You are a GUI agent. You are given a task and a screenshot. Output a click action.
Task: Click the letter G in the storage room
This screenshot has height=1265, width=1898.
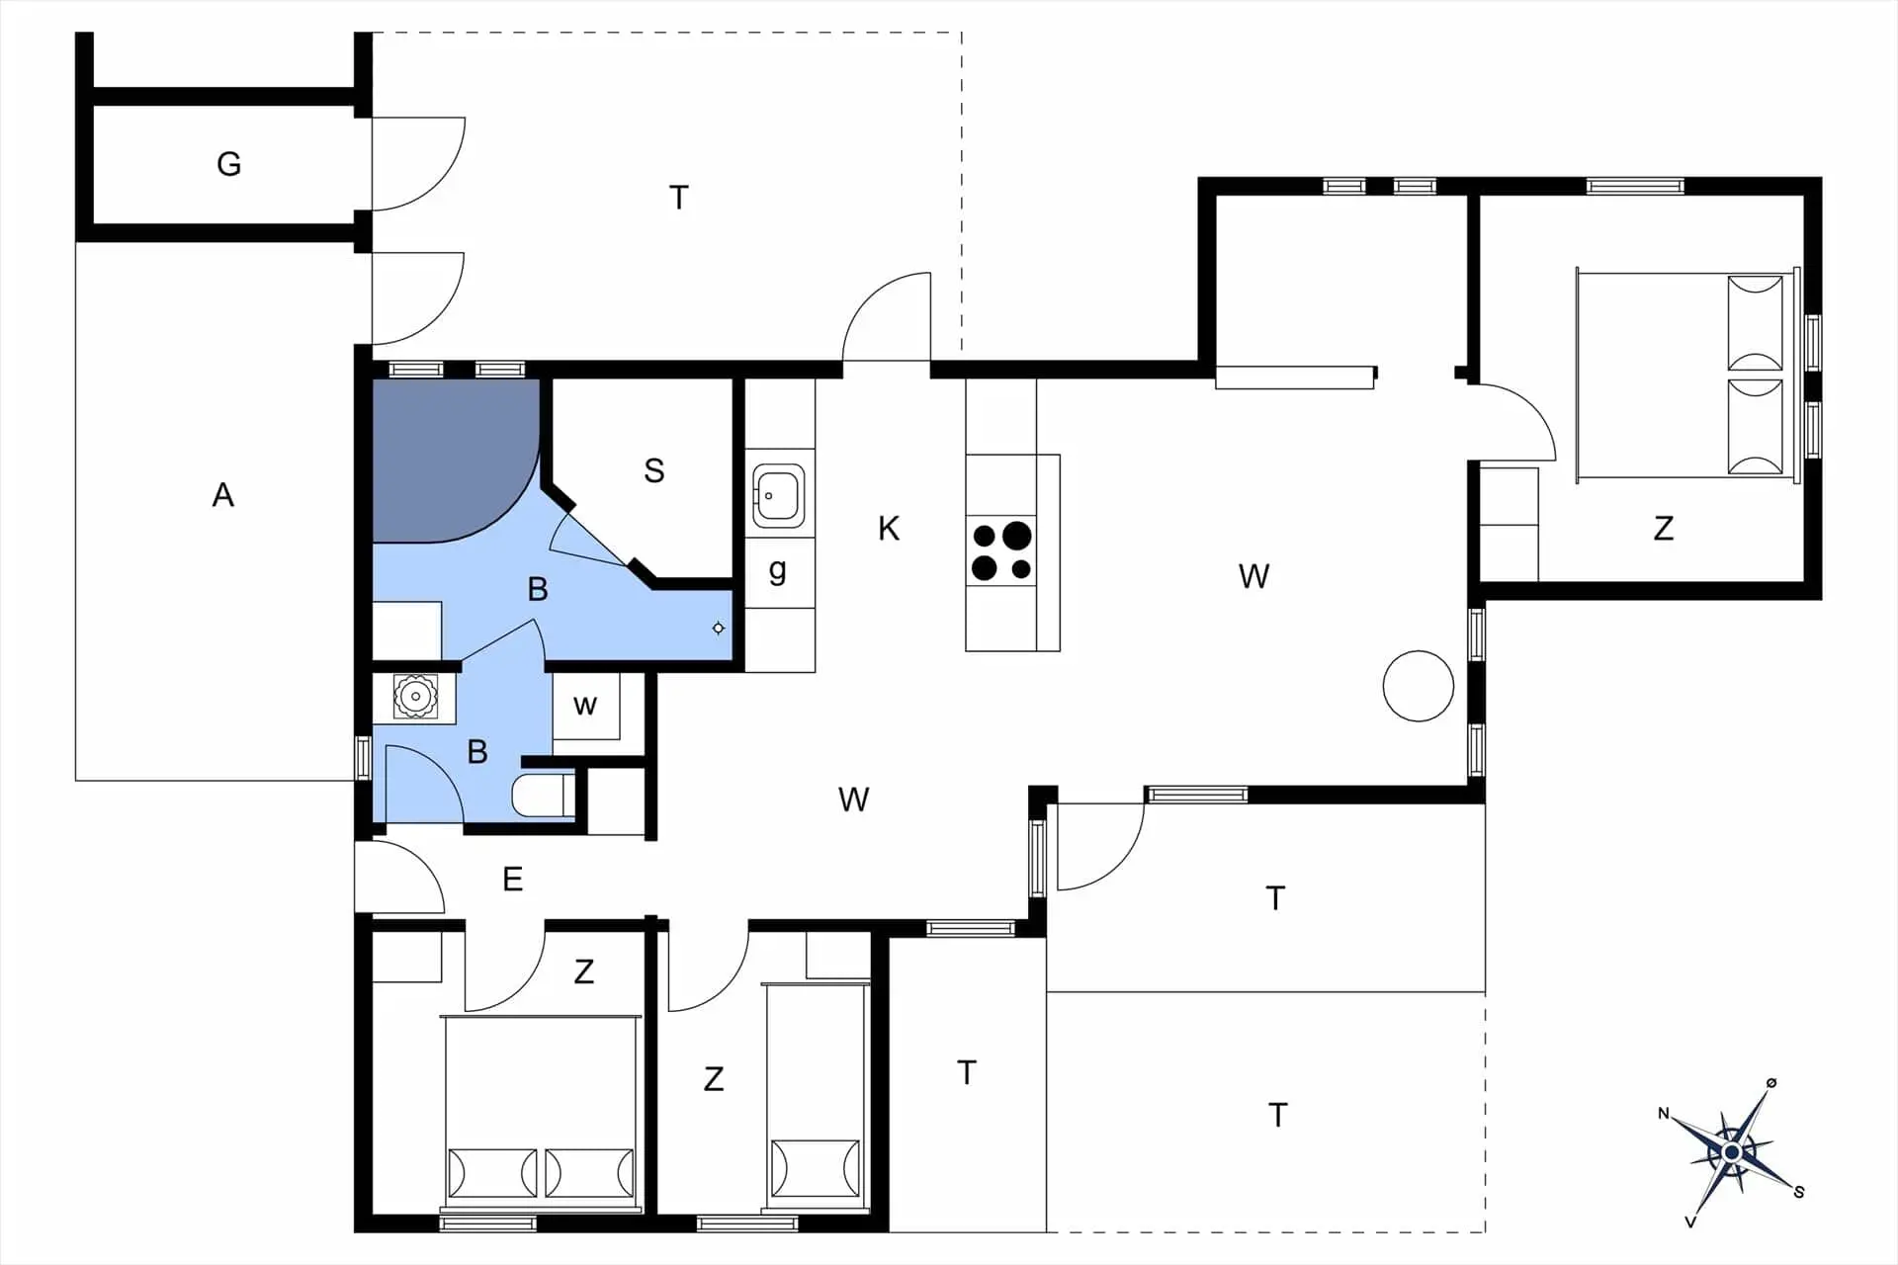[x=228, y=163]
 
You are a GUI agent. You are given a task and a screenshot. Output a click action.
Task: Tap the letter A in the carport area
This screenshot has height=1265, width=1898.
[x=223, y=494]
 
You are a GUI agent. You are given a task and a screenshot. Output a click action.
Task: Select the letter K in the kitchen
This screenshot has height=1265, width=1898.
[x=889, y=529]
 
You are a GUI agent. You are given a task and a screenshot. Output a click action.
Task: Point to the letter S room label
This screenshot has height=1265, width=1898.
[x=653, y=470]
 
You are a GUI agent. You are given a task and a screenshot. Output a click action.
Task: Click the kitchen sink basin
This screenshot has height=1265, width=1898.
[x=778, y=496]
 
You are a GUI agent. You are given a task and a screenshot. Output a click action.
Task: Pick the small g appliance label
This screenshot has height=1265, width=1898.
[x=778, y=570]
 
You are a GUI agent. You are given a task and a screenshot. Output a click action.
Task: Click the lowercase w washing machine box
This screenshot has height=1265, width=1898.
[x=585, y=706]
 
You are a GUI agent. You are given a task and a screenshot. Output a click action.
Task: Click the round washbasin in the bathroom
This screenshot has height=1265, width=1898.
[x=415, y=697]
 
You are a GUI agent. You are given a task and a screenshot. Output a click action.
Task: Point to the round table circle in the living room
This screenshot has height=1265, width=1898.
[x=1419, y=686]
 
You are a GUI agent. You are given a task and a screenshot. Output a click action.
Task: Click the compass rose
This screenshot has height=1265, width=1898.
[x=1732, y=1152]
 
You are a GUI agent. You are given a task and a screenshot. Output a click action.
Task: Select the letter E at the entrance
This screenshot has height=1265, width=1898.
[x=512, y=879]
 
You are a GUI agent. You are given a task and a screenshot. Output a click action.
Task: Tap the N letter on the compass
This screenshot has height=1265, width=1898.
[x=1664, y=1114]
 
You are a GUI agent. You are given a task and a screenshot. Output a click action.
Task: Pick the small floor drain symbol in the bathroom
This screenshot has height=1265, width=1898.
[x=719, y=629]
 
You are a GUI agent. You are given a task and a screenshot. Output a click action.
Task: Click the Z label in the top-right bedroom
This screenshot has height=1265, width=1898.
[x=1664, y=529]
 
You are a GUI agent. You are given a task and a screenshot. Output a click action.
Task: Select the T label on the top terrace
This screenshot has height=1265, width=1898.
[x=679, y=198]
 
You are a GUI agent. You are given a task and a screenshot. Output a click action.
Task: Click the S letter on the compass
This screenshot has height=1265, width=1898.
[x=1799, y=1193]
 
